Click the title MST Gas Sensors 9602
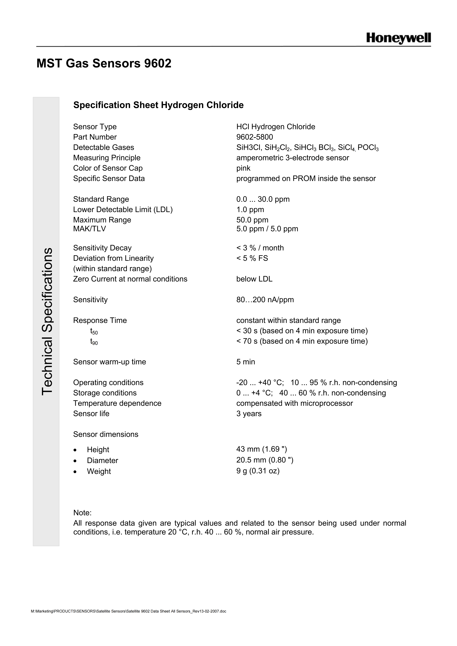tap(104, 63)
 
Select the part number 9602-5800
tap(255, 137)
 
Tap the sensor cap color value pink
tap(243, 168)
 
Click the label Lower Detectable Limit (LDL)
tap(123, 210)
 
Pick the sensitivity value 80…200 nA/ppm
tap(265, 300)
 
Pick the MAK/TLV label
tap(89, 229)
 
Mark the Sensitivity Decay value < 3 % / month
tap(260, 248)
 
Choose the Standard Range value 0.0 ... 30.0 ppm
tap(263, 199)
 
